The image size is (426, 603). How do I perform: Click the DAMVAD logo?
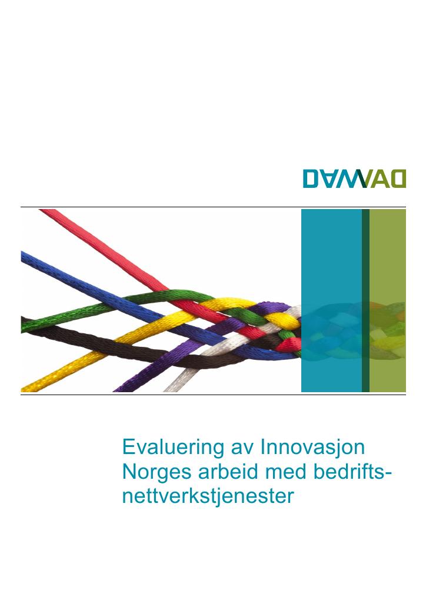pyautogui.click(x=354, y=179)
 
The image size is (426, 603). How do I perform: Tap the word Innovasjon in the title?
pyautogui.click(x=312, y=447)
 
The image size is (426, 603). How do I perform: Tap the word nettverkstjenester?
pyautogui.click(x=208, y=496)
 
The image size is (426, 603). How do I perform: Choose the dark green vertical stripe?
pyautogui.click(x=365, y=300)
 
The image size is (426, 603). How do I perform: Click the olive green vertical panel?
pyautogui.click(x=387, y=300)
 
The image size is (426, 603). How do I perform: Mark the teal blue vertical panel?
pyautogui.click(x=331, y=300)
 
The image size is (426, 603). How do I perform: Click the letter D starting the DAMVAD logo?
pyautogui.click(x=311, y=179)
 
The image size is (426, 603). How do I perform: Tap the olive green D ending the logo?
pyautogui.click(x=398, y=179)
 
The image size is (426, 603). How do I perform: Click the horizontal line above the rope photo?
pyautogui.click(x=213, y=207)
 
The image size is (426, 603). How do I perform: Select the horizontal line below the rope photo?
pyautogui.click(x=213, y=395)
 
